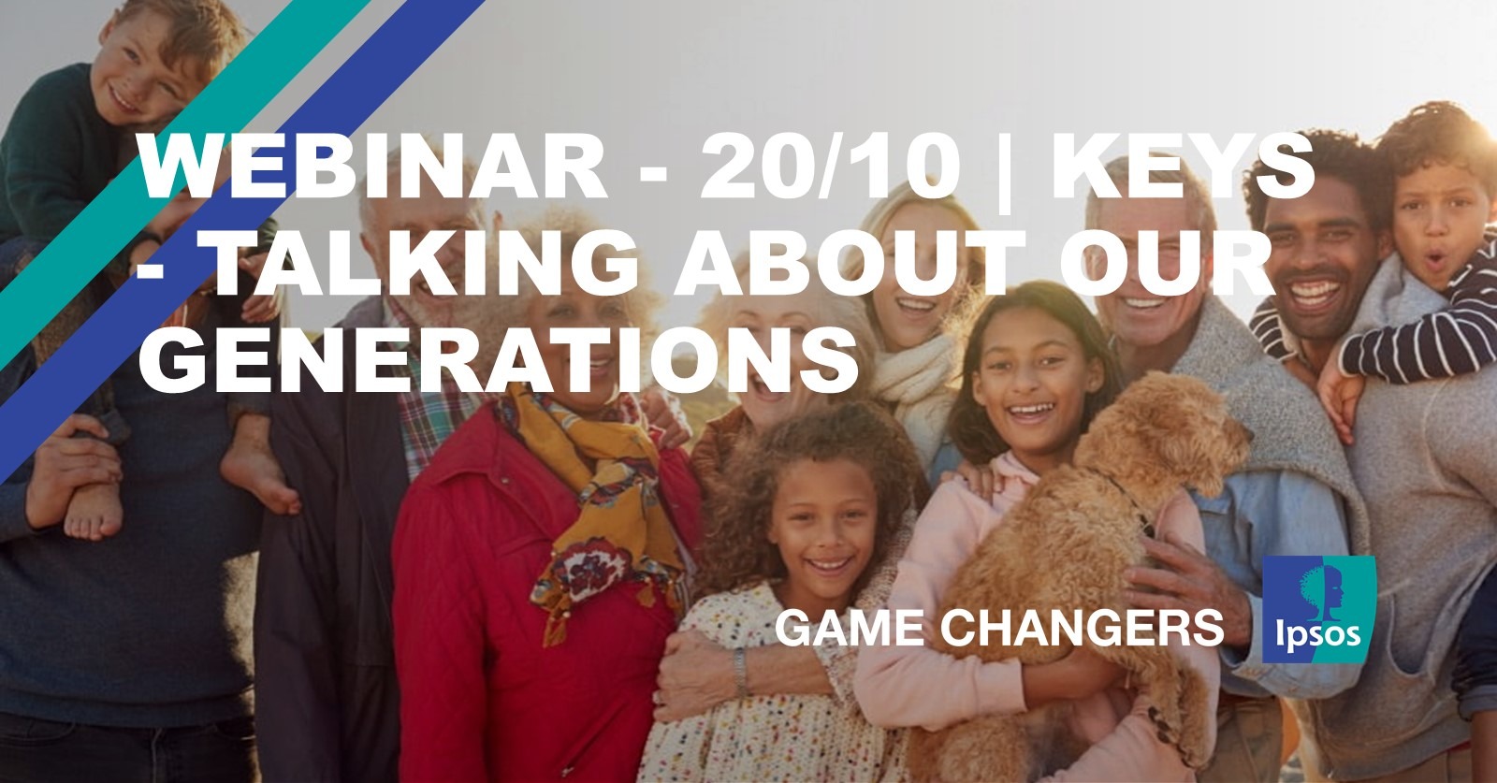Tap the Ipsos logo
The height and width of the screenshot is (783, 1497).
point(1318,609)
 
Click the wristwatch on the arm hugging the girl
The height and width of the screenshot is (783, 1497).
point(740,672)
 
